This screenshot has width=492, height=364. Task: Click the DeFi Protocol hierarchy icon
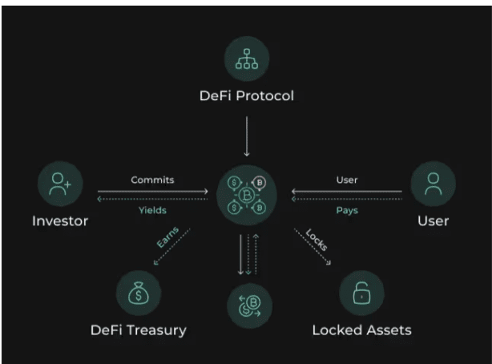coord(246,58)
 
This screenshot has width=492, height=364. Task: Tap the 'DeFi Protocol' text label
coord(246,96)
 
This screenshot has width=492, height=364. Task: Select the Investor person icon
coord(60,185)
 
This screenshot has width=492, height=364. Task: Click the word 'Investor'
coord(60,220)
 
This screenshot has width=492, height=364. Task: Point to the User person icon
coord(433,185)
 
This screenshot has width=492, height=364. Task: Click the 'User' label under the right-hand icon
coord(433,220)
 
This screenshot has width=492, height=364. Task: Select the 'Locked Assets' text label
coord(361,330)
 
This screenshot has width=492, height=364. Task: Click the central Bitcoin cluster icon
coord(246,193)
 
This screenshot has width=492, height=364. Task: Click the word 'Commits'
coord(152,180)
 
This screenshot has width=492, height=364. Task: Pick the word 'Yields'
coord(152,211)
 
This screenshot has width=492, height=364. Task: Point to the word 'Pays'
coord(347,211)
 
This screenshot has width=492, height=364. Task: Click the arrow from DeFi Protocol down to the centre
coord(247,136)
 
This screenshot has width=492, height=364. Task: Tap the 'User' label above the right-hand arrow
coord(347,180)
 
